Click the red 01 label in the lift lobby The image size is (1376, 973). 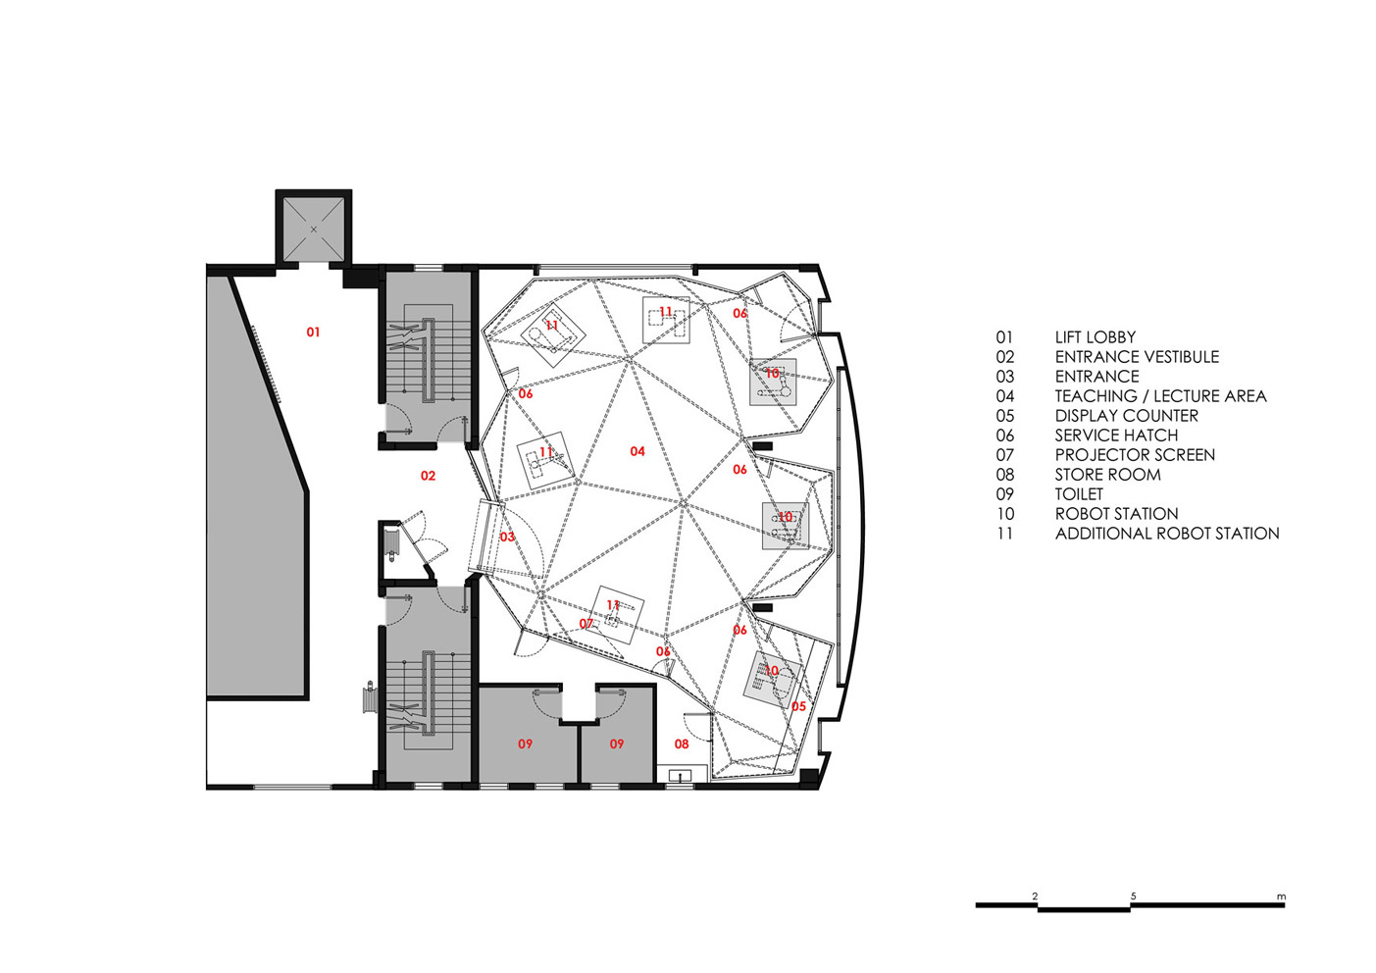[x=313, y=333]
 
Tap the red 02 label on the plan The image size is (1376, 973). [x=428, y=476]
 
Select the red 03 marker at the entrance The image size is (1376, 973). [x=507, y=537]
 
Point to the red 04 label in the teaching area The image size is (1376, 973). [x=637, y=451]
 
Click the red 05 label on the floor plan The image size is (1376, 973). [x=798, y=706]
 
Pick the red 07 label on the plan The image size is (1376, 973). [x=586, y=624]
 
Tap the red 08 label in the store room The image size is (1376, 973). [x=681, y=743]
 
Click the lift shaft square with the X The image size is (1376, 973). [x=314, y=229]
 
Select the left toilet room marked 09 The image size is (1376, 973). [x=526, y=743]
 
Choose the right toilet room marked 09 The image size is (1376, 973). [x=617, y=743]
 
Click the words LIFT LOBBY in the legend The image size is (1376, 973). [x=1095, y=337]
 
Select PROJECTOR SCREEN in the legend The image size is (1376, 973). [x=1135, y=455]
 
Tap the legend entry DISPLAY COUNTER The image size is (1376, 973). [x=1126, y=416]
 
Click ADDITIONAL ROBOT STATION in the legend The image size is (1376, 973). [x=1166, y=534]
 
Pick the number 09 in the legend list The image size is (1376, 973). [x=1005, y=494]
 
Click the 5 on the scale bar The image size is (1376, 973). [x=1133, y=896]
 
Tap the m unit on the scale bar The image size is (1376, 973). [x=1281, y=896]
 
